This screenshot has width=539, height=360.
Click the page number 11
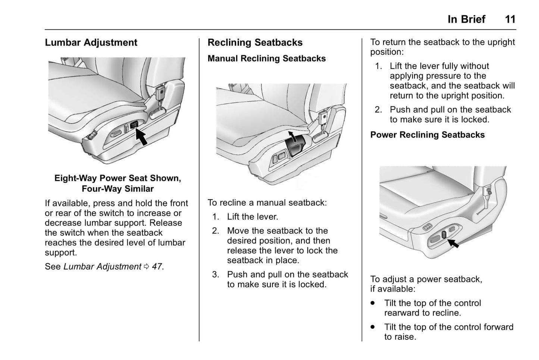tap(510, 19)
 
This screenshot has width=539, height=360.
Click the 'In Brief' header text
tap(466, 19)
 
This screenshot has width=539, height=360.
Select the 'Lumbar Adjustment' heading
tap(91, 43)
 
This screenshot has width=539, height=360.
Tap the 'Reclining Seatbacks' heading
tap(255, 43)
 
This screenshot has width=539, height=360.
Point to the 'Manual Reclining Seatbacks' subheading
tap(266, 59)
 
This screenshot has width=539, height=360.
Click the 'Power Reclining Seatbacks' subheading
tap(427, 135)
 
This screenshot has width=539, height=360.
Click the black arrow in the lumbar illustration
tap(141, 136)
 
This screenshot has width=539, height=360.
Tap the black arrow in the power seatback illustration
tap(453, 243)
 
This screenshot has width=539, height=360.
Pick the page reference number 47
tap(157, 267)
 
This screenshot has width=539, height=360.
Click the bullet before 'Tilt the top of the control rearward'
tap(373, 303)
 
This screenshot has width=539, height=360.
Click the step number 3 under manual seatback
tap(215, 275)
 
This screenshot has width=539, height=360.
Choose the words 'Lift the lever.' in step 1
tap(253, 217)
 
